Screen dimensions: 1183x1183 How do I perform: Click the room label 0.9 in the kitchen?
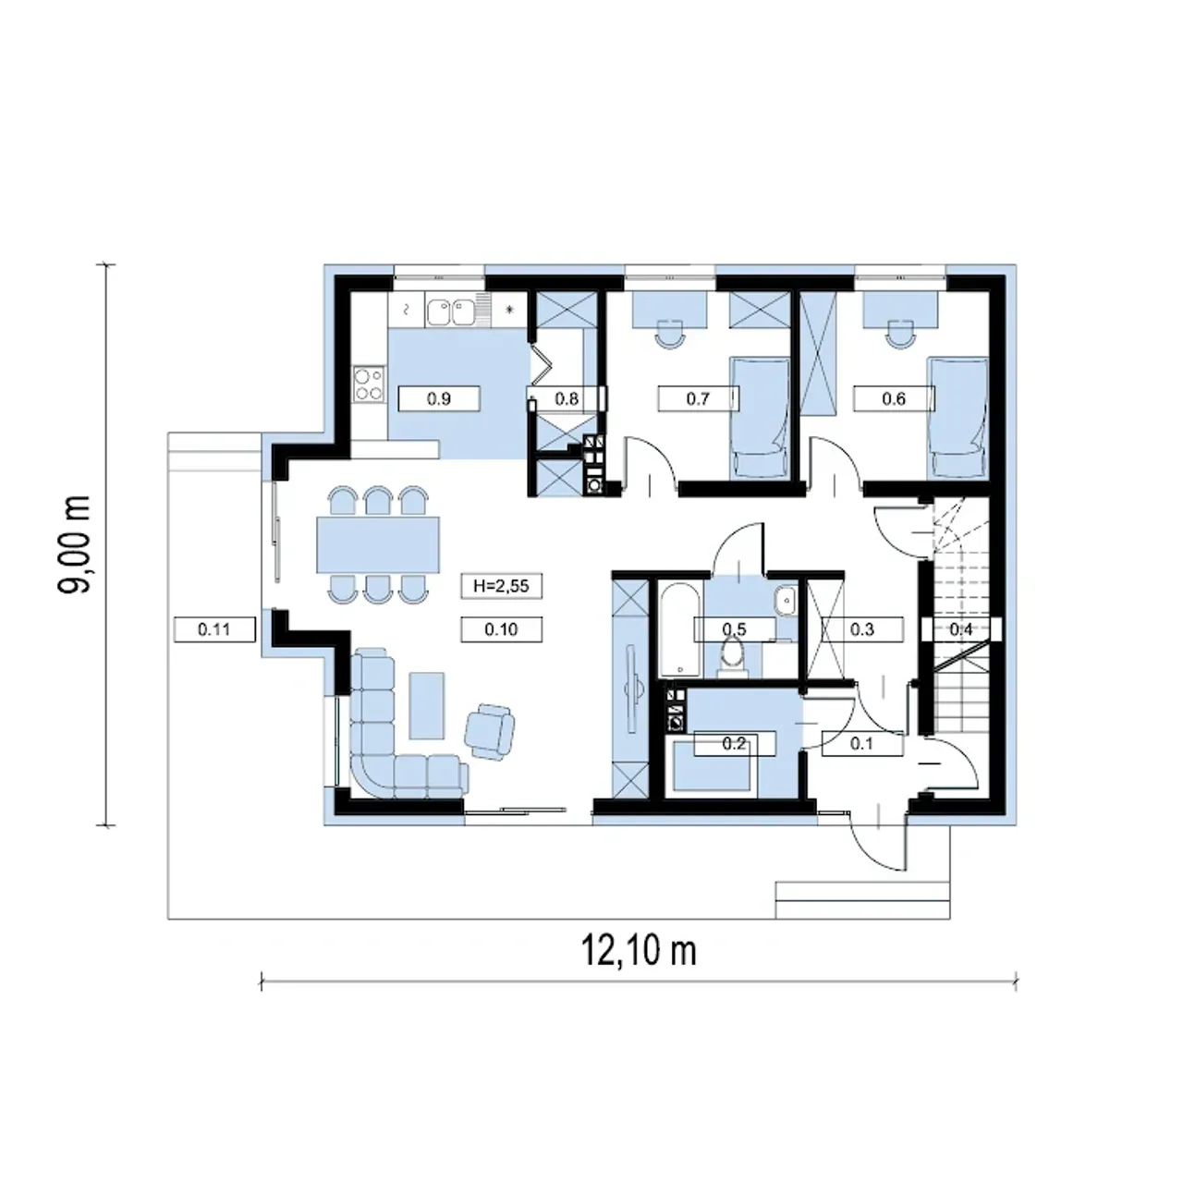pos(439,399)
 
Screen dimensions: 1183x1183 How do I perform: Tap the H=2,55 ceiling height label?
pos(501,586)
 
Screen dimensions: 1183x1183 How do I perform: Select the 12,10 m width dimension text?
pos(639,952)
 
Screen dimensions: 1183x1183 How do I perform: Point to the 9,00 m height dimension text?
pos(74,544)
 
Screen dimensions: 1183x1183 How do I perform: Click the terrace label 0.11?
pos(214,629)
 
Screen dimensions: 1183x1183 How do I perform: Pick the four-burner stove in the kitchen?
pos(369,384)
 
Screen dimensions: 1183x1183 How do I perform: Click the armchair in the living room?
pos(489,731)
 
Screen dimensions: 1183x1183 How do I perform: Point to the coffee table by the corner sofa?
pos(427,705)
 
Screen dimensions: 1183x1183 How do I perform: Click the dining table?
pos(378,545)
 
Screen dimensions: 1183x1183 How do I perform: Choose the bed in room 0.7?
pos(758,418)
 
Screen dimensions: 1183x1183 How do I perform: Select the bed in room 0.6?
pos(957,418)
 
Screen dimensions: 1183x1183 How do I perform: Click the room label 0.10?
pos(501,629)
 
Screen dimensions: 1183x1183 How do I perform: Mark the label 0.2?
pos(734,743)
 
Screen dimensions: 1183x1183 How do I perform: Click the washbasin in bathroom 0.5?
pos(785,600)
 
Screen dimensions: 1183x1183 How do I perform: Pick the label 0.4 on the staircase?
pos(961,629)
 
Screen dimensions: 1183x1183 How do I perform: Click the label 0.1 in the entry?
pos(861,743)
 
